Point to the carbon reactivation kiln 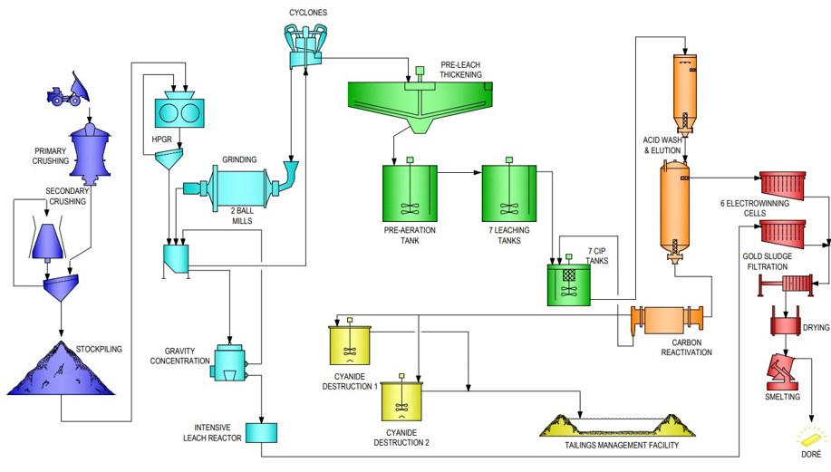668,322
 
